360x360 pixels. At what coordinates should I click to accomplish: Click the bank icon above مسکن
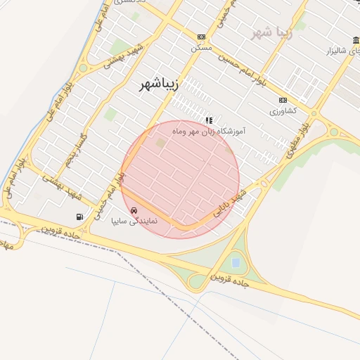[x=202, y=37]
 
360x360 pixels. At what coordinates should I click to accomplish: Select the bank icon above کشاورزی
[x=283, y=101]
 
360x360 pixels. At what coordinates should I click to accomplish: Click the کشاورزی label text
[x=283, y=111]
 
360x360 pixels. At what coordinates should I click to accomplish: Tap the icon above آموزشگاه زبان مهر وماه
[x=208, y=120]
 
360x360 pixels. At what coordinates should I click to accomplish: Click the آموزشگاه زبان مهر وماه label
[x=208, y=131]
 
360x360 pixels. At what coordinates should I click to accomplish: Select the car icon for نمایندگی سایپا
[x=134, y=210]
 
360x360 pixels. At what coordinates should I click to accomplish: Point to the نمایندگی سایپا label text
[x=134, y=220]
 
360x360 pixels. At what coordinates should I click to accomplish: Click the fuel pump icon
[x=79, y=216]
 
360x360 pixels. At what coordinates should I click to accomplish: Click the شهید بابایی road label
[x=232, y=201]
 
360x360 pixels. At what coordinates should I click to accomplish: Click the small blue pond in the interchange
[x=236, y=262]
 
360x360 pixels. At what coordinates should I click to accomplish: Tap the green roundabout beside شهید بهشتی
[x=83, y=68]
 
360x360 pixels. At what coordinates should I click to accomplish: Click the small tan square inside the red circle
[x=161, y=143]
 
